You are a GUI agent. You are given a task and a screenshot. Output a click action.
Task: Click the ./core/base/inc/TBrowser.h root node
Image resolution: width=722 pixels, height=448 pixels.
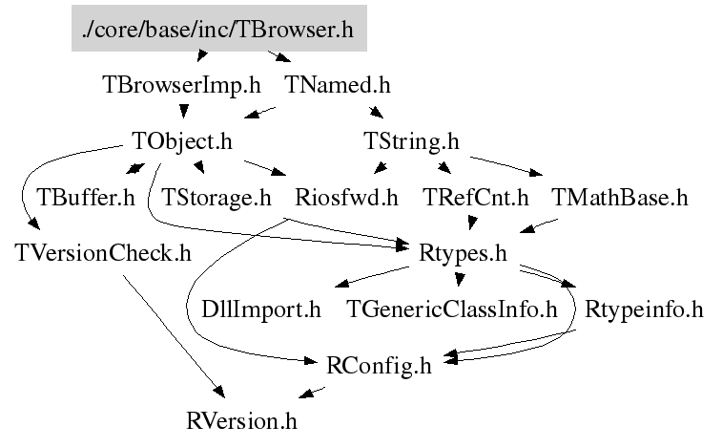click(x=218, y=31)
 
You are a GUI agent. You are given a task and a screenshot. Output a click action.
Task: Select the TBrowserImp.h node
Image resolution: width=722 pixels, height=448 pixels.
click(x=181, y=85)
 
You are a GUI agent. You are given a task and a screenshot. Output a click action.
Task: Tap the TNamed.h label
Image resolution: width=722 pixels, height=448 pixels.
click(x=338, y=85)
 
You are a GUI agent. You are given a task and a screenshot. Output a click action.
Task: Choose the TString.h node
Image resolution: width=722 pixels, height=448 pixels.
click(x=412, y=142)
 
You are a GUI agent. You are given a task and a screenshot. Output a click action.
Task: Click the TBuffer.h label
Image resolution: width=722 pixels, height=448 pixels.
click(x=86, y=199)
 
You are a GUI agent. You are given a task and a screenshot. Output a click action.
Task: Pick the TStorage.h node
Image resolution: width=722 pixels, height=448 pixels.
click(x=217, y=199)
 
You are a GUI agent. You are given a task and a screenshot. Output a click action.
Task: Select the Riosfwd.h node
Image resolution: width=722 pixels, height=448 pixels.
click(x=346, y=199)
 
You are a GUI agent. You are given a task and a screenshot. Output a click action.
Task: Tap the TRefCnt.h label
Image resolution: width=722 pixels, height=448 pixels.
click(x=475, y=199)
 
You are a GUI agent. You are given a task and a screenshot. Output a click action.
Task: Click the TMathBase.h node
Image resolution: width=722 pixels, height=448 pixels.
click(x=620, y=199)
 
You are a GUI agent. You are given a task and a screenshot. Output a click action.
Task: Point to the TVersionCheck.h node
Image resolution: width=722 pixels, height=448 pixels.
click(x=104, y=254)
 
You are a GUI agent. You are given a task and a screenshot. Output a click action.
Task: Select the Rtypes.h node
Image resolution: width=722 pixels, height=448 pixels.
click(x=462, y=254)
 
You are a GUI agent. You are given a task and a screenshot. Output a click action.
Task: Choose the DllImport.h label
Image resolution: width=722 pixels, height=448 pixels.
click(x=261, y=309)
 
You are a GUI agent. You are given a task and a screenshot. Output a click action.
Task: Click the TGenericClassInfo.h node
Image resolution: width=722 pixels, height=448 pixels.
click(x=451, y=309)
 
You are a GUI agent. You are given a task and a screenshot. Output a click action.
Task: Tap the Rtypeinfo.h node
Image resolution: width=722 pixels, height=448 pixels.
click(x=644, y=309)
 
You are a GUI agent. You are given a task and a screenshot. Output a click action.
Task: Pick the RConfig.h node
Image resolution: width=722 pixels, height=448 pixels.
click(x=379, y=365)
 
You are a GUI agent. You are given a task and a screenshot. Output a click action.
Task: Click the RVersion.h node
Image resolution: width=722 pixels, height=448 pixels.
click(x=242, y=419)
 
